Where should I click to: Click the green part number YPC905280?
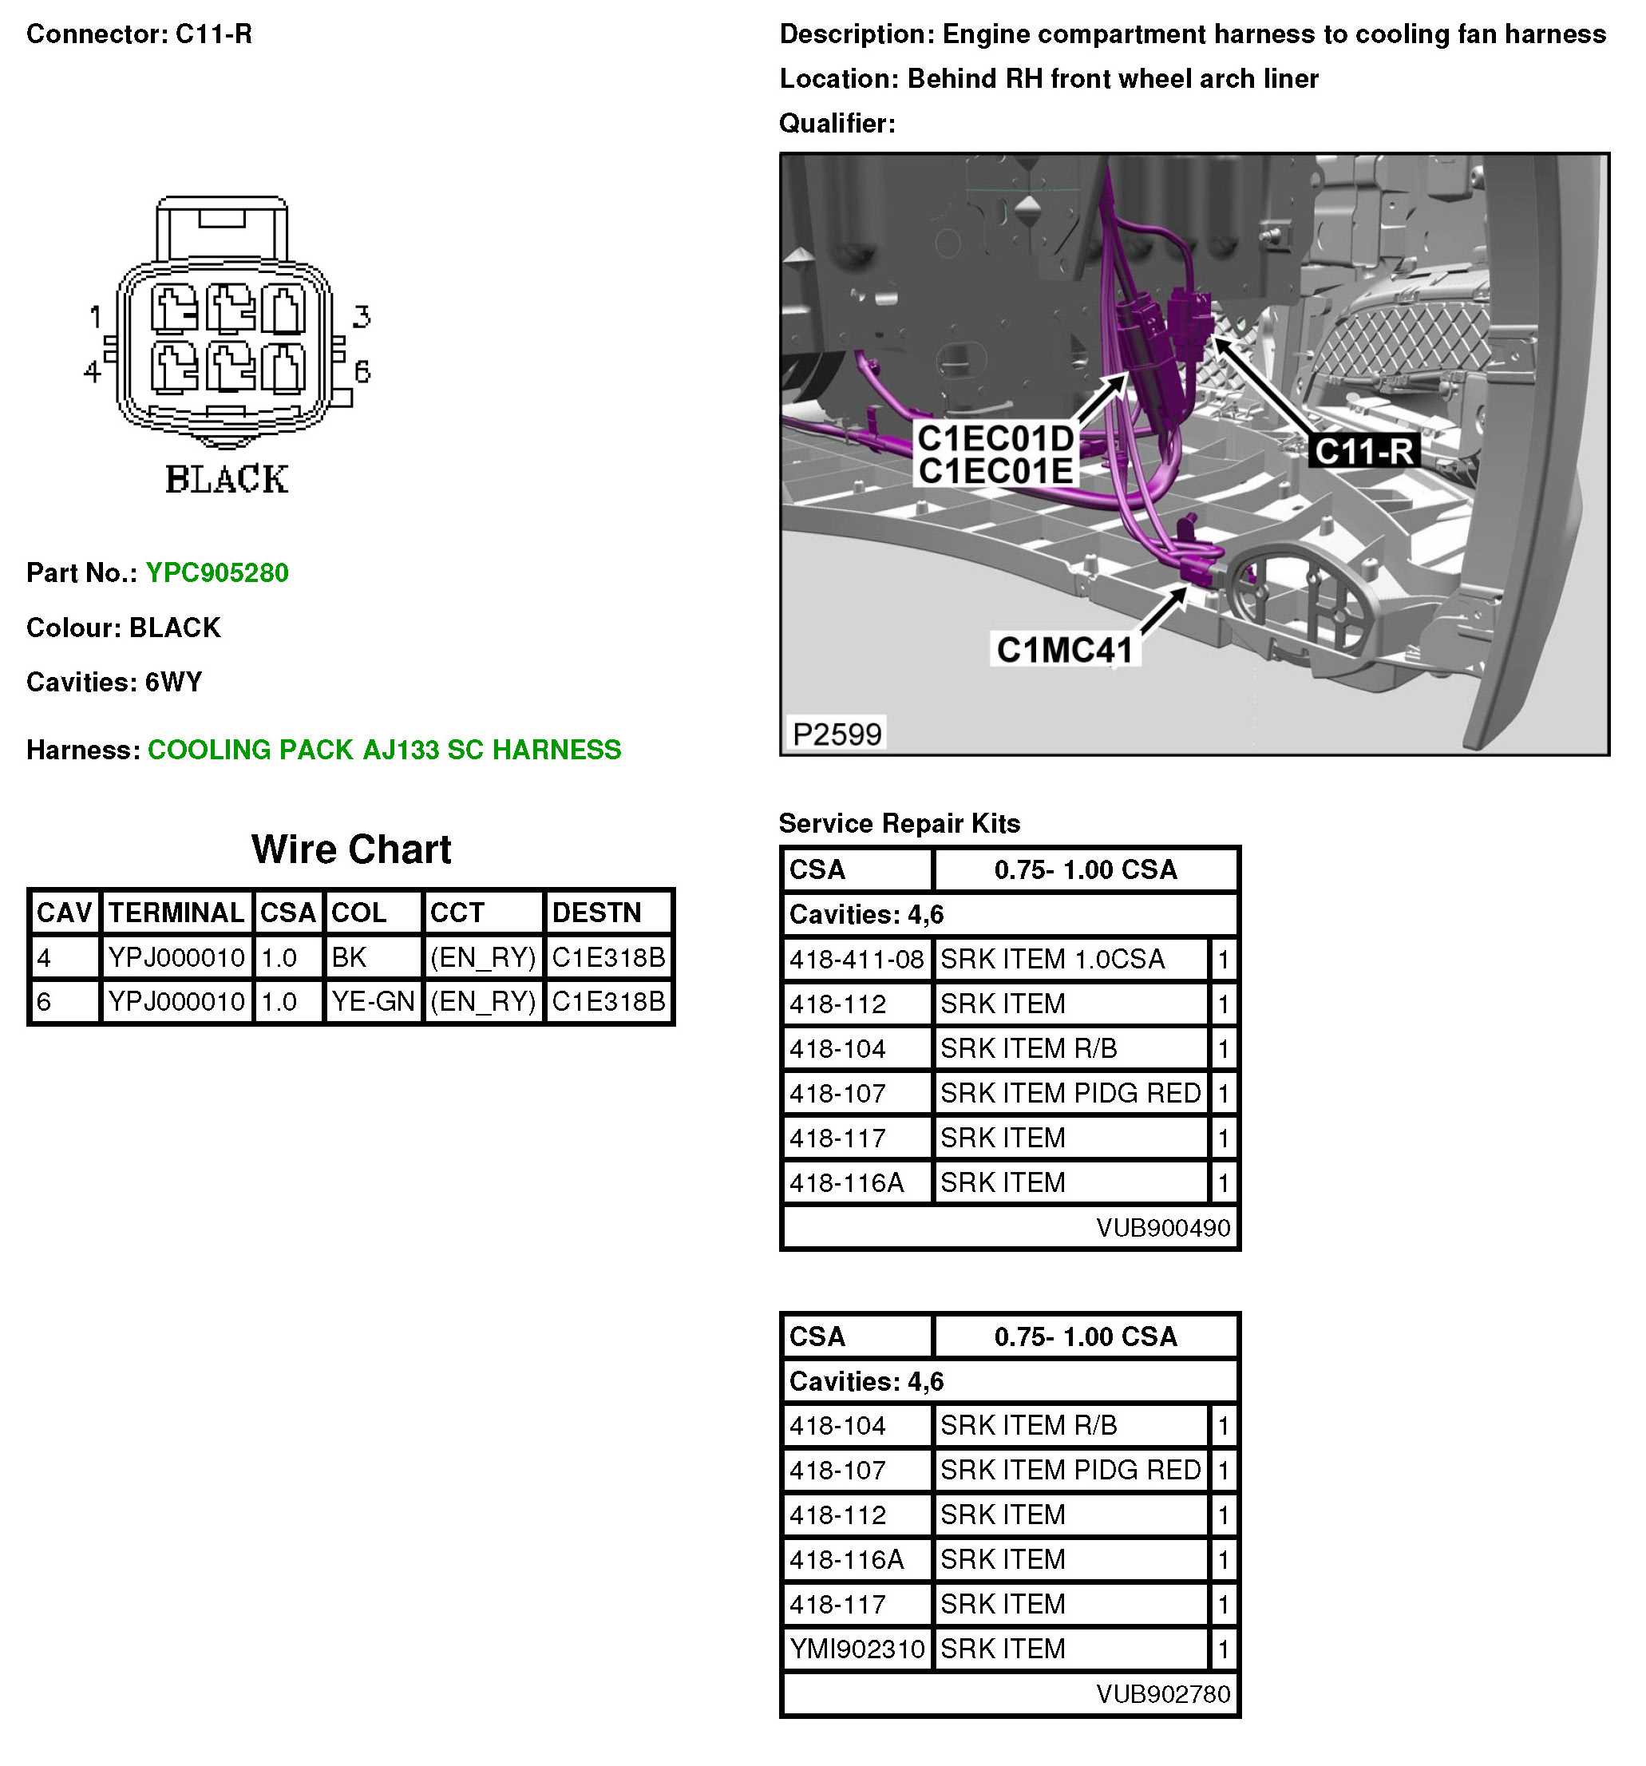[217, 573]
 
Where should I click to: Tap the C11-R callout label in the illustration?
[1363, 451]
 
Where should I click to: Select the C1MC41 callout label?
[1064, 650]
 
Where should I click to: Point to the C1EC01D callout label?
[995, 439]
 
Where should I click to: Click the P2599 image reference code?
[836, 735]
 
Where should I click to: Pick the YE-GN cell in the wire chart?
[372, 1002]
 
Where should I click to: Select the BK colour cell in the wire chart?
[349, 957]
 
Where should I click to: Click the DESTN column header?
[596, 913]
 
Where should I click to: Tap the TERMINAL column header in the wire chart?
[176, 913]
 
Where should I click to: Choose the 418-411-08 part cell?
[857, 960]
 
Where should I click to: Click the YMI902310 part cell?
[857, 1649]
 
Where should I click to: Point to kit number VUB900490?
[1162, 1228]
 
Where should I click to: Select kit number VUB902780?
[1162, 1694]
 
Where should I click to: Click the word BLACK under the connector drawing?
[227, 480]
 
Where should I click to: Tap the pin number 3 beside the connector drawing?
[361, 317]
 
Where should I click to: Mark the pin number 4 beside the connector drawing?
[93, 371]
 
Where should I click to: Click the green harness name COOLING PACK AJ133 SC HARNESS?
[384, 750]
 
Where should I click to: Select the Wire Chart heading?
[351, 849]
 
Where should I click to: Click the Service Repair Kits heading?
[899, 823]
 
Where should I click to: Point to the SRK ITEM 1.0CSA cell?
[1052, 960]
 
